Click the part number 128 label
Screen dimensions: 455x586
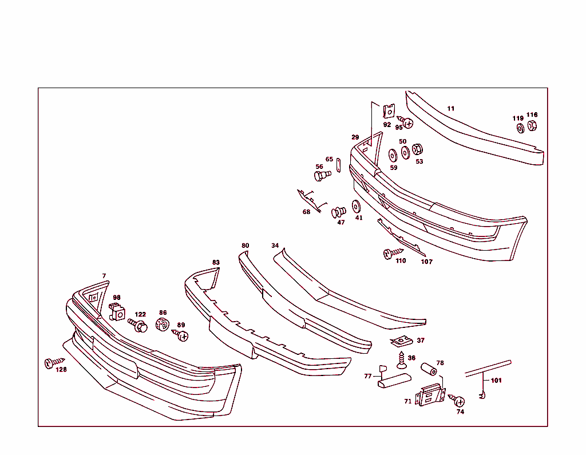(61, 370)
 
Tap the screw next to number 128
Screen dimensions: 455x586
(52, 362)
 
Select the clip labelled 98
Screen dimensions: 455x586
(117, 312)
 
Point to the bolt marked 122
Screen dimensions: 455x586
(138, 326)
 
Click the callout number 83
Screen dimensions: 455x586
(216, 263)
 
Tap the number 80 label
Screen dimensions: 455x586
(245, 246)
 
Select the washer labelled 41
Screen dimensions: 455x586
(356, 206)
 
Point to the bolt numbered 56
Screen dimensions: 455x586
(322, 174)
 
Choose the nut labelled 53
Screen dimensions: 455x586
(417, 149)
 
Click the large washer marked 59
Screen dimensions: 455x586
(393, 155)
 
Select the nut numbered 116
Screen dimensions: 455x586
(532, 125)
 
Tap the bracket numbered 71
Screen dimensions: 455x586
(430, 395)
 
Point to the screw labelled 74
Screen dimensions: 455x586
(457, 401)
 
